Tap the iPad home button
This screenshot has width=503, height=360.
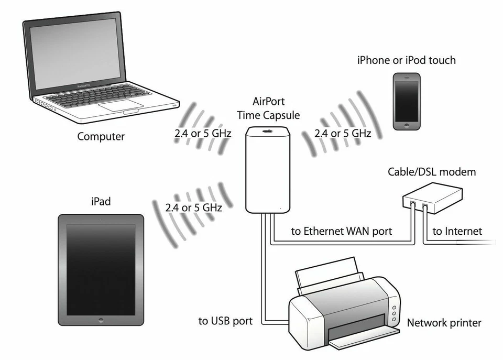100,319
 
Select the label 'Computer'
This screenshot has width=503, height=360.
101,137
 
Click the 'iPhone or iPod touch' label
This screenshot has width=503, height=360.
406,60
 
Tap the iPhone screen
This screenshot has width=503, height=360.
407,102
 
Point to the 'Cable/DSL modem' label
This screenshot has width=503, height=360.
432,172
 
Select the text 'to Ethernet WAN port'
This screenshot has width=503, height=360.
341,231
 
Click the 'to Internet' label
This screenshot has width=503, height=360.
457,231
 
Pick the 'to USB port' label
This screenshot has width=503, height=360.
226,321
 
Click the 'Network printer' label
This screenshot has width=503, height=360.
444,322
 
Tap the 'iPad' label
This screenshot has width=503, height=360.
101,201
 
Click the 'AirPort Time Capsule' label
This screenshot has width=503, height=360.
268,108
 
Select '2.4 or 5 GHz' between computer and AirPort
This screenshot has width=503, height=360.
203,134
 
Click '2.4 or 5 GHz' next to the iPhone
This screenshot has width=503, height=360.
343,134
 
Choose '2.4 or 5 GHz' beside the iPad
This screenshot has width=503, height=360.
193,208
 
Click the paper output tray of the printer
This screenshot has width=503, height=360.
362,339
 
